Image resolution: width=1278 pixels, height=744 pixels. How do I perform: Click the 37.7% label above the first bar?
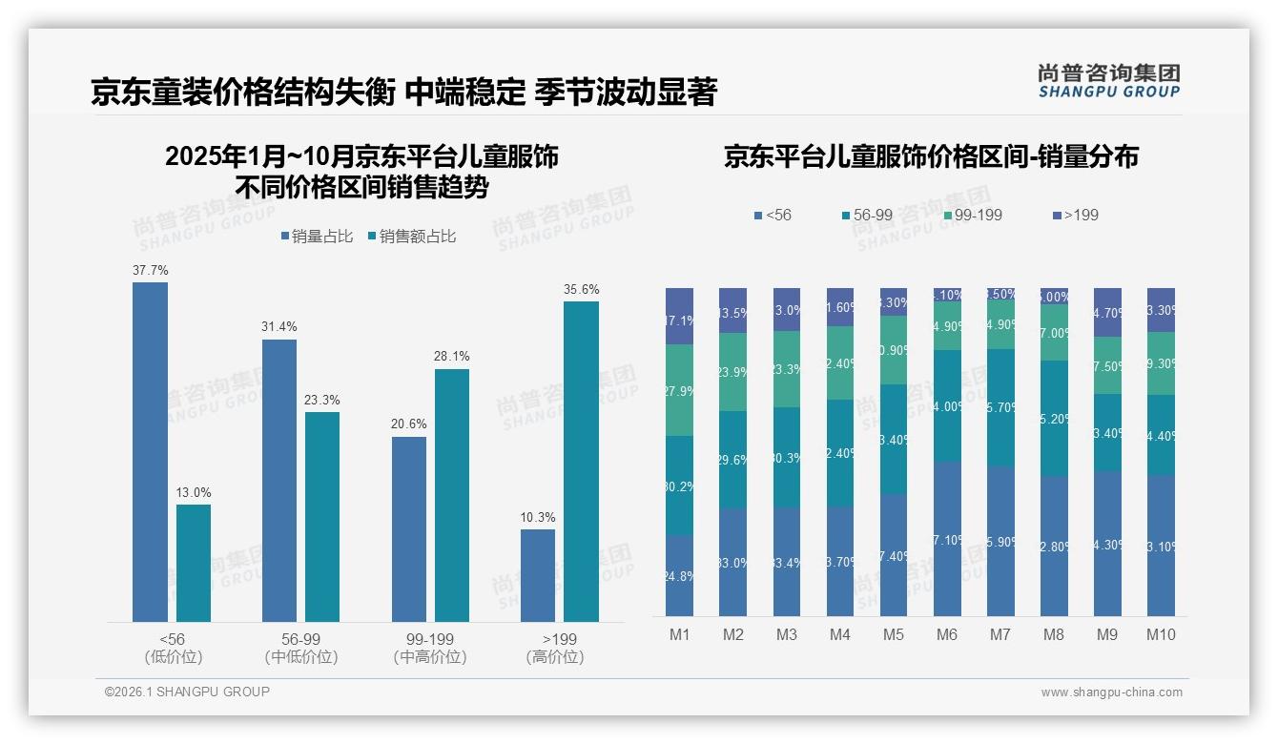(150, 270)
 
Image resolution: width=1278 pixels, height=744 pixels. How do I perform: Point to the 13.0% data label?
(194, 492)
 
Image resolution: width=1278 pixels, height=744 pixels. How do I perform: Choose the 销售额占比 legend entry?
(411, 237)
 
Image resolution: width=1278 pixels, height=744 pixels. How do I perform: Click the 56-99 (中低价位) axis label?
(301, 648)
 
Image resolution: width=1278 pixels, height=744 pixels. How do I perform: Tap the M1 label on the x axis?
(679, 634)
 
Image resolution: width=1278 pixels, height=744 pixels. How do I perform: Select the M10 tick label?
(1161, 634)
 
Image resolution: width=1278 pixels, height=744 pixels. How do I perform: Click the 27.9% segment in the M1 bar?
(679, 390)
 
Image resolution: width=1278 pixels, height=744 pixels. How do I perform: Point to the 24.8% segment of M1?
(679, 575)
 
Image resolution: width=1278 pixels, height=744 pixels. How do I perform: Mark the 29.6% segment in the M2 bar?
(732, 460)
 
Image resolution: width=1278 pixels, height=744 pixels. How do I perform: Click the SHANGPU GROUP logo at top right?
(1108, 80)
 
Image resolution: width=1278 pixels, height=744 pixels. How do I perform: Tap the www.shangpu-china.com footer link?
(1111, 692)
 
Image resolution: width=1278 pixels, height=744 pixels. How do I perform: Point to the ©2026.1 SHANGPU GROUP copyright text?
(187, 692)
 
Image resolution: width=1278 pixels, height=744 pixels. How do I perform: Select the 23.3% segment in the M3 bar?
(786, 369)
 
